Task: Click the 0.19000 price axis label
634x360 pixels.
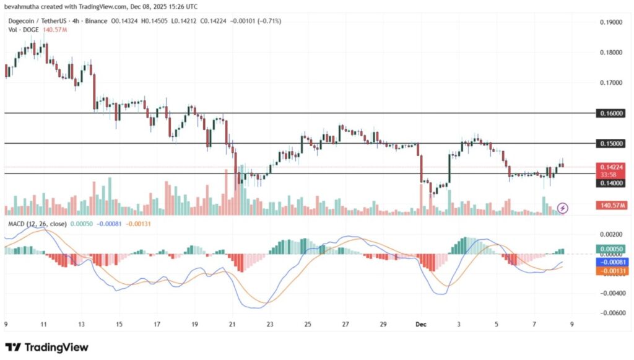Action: click(610, 22)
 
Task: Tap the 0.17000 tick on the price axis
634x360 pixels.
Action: click(610, 82)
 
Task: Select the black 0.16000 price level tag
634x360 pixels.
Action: click(611, 113)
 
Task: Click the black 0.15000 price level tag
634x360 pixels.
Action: click(611, 143)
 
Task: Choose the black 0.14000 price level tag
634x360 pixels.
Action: click(611, 183)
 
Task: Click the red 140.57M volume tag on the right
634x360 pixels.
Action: click(611, 205)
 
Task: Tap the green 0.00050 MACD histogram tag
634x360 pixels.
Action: click(611, 248)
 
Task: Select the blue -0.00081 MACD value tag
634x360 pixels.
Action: click(611, 262)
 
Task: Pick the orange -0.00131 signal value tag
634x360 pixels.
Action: click(611, 271)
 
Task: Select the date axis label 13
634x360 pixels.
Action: click(81, 323)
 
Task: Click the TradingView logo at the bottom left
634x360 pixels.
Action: click(47, 348)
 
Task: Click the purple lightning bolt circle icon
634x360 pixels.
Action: click(563, 208)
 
